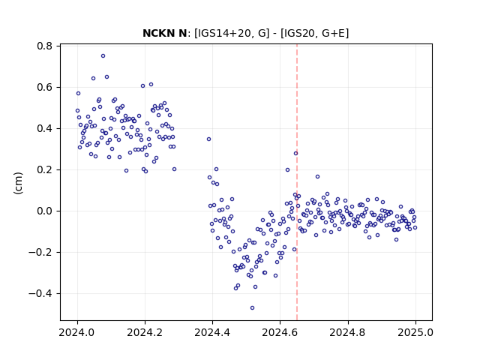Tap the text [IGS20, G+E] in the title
point(314,33)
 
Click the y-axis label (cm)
point(18,183)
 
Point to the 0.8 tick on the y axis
point(45,46)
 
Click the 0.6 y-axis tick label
point(45,88)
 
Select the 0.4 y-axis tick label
point(45,128)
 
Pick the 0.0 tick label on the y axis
point(45,211)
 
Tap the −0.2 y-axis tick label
point(40,253)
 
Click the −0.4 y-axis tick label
point(40,294)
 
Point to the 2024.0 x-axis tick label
point(76,332)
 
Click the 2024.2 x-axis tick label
point(145,332)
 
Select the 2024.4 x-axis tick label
point(212,332)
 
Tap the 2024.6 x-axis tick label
point(280,332)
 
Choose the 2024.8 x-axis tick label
point(347,332)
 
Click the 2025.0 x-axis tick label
point(415,332)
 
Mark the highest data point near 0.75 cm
point(103,56)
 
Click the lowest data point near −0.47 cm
point(252,308)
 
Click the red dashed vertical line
point(297,182)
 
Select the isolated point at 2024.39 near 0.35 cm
point(208,139)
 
